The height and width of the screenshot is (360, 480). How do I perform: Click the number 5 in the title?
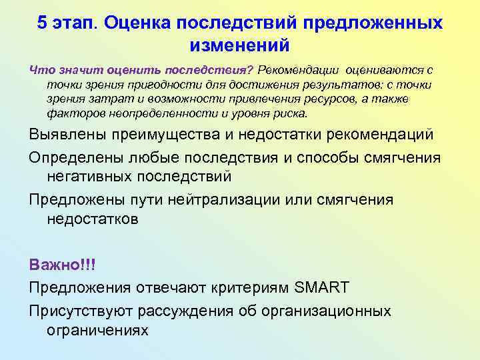43,23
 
